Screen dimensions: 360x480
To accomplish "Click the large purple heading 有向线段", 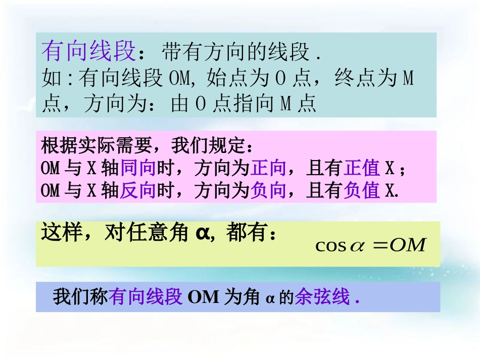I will point(89,51).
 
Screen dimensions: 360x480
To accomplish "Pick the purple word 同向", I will point(137,168).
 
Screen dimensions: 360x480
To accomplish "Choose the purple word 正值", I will point(362,168).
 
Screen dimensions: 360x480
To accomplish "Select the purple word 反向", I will point(137,190).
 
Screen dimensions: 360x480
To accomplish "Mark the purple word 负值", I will point(362,190).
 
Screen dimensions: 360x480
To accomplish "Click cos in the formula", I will point(330,246).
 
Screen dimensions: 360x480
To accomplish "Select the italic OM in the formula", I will point(408,245).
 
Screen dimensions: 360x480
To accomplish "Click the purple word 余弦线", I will point(322,297).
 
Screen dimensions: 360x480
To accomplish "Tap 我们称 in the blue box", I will point(81,297).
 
